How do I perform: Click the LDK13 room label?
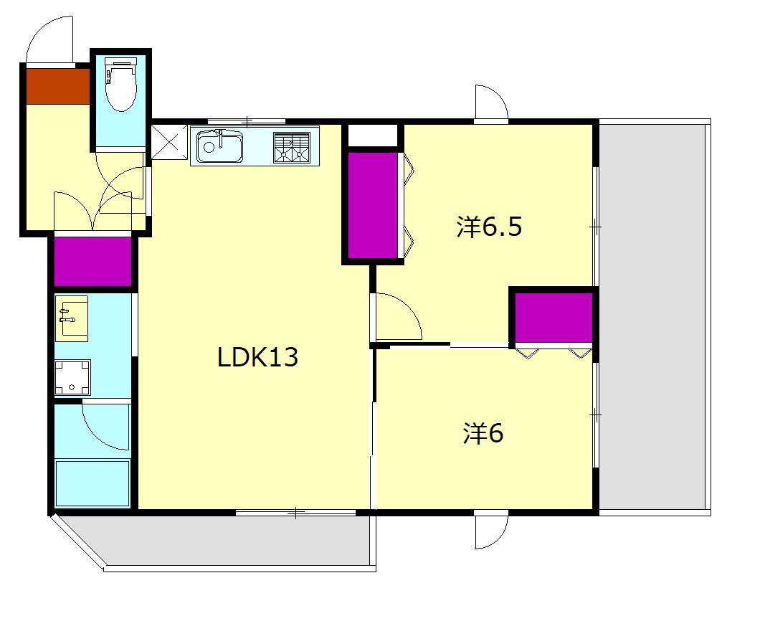point(257,357)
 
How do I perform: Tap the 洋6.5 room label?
point(489,227)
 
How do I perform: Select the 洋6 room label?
point(483,433)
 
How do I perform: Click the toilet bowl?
point(120,84)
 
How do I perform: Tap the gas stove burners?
point(292,147)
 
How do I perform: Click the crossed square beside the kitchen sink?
point(170,141)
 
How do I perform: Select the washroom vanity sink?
point(72,318)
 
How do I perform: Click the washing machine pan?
point(72,378)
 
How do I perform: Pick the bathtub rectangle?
point(92,483)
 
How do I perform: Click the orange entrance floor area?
point(58,86)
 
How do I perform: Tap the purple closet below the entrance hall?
point(92,262)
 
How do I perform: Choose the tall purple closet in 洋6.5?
point(374,206)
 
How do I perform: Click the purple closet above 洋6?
point(554,318)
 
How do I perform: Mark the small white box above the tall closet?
point(374,136)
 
